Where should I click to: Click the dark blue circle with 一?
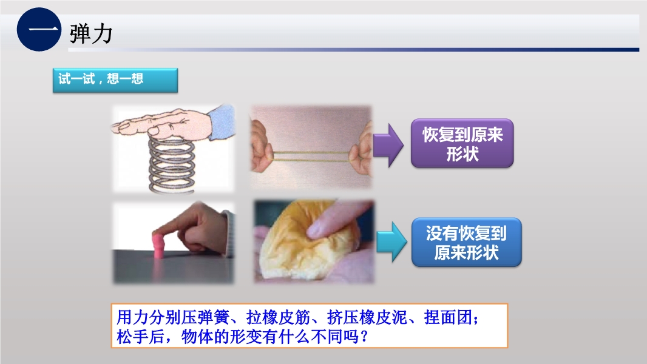tap(39, 29)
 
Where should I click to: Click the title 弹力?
tap(91, 33)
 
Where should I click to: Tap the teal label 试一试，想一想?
tap(115, 80)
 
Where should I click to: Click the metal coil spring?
tap(171, 165)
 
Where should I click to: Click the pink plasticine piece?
tap(159, 245)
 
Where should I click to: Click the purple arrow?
tap(388, 145)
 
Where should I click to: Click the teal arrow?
tap(391, 241)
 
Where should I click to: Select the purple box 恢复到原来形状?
tap(462, 143)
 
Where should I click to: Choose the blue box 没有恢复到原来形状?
tap(466, 242)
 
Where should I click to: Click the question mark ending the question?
tap(364, 337)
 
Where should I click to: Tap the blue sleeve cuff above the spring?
tap(222, 121)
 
